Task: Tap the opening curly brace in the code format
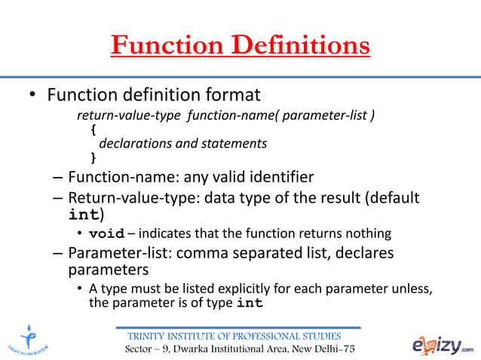point(93,130)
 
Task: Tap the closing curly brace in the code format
point(93,157)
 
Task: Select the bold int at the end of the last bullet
point(250,304)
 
